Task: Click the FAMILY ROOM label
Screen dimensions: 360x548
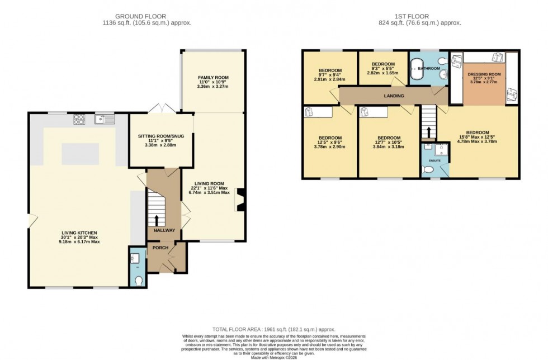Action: [213, 78]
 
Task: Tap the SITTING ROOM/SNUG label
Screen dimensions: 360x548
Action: [160, 136]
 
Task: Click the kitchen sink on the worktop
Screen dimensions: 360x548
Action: [105, 119]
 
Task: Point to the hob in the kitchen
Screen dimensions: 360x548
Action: [79, 119]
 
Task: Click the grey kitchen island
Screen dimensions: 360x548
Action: [78, 154]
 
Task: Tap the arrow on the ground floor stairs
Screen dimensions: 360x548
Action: [157, 219]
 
